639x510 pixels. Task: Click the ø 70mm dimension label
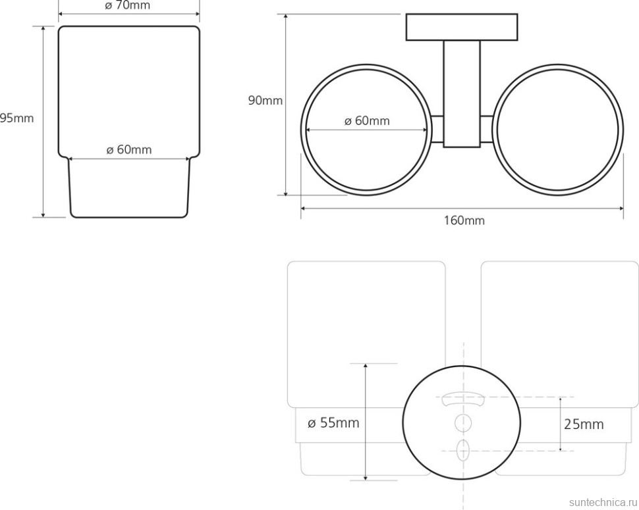click(128, 5)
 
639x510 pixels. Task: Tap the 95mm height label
click(16, 118)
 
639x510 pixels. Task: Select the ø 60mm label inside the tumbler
click(128, 149)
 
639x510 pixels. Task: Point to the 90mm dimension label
click(265, 100)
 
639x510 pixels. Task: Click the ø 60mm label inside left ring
click(367, 120)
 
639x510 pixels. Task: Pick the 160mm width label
click(464, 220)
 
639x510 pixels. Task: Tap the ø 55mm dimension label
click(333, 422)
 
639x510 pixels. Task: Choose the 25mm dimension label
click(584, 424)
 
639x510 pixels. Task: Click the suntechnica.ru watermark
click(603, 502)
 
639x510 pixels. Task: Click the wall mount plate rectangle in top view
click(462, 27)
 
